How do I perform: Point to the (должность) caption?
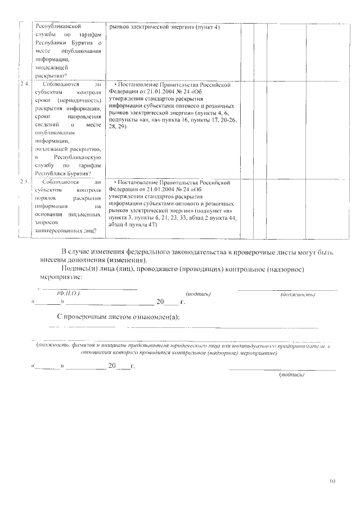297,294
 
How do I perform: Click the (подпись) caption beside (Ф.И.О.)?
197,294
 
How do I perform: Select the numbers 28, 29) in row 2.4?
119,127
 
